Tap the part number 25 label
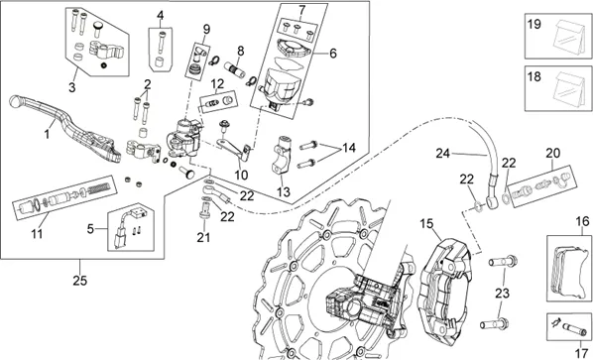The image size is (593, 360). [x=80, y=281]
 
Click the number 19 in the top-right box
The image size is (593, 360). [x=534, y=25]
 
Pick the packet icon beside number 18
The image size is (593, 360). [x=569, y=89]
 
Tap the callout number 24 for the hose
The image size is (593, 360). [x=443, y=154]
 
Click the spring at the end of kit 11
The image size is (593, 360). [x=99, y=186]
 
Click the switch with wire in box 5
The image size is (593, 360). [x=126, y=228]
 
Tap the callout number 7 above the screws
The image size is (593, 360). [x=301, y=10]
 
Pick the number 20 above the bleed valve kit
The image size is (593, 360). [x=552, y=154]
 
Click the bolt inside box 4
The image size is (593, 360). [x=162, y=42]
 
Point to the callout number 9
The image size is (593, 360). [x=206, y=29]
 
